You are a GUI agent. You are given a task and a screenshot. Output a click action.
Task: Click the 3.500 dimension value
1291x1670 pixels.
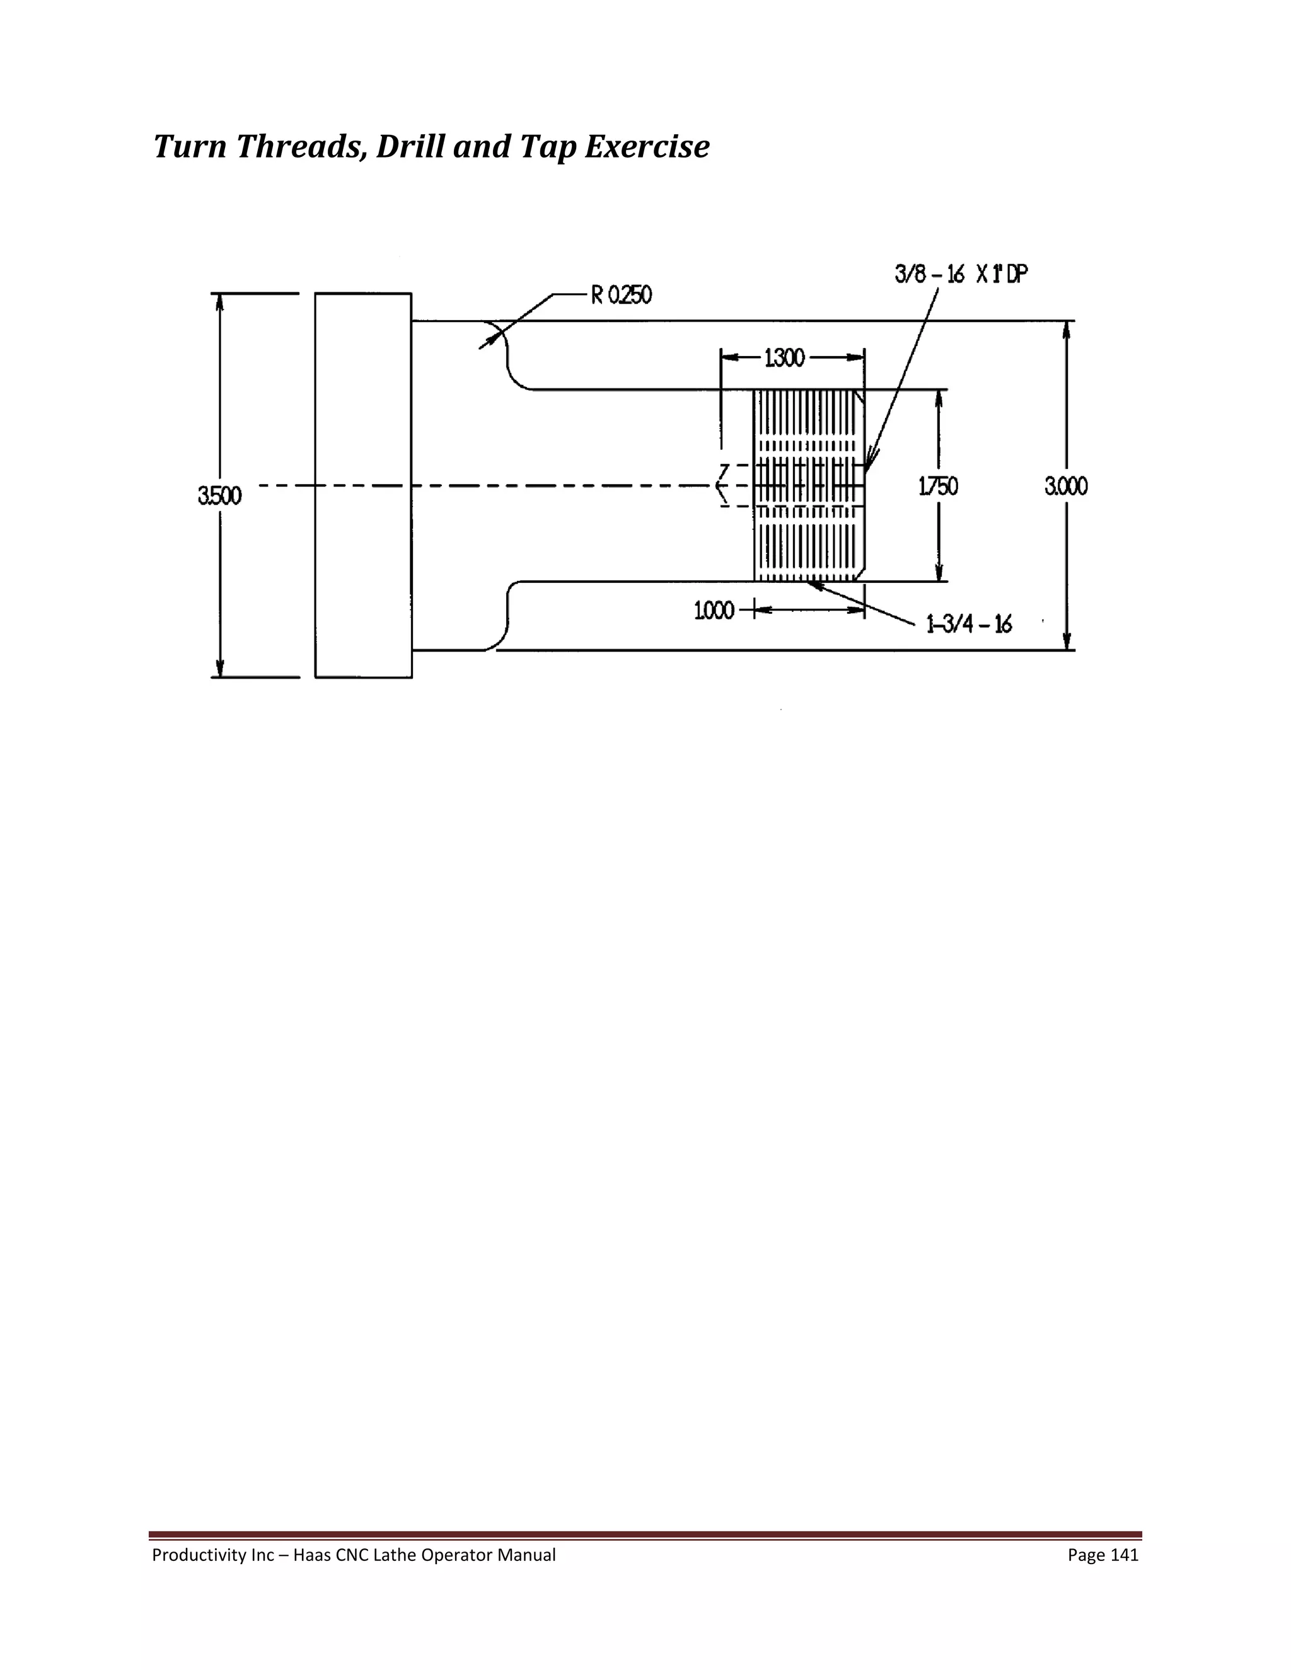click(219, 496)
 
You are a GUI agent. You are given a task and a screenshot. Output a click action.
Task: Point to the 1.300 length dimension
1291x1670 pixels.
click(785, 358)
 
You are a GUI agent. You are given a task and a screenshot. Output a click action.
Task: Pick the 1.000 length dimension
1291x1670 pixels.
click(714, 610)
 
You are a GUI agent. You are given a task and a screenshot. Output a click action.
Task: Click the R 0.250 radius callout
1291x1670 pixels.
click(621, 295)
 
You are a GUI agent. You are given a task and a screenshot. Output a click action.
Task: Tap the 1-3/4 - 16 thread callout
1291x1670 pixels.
click(969, 625)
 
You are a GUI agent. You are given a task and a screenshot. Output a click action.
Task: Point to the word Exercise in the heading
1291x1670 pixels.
click(647, 147)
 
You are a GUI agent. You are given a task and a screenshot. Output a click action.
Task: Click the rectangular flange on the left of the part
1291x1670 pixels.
click(363, 485)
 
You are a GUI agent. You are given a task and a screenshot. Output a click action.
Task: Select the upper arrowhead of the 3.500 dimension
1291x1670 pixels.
click(219, 301)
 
